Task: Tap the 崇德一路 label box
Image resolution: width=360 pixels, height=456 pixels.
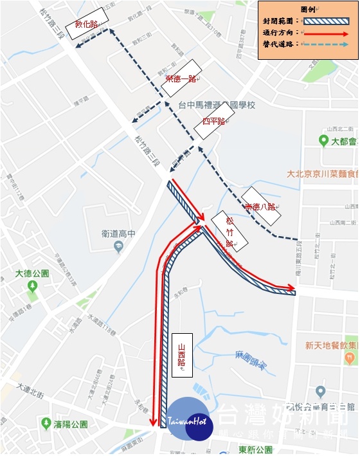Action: click(x=181, y=78)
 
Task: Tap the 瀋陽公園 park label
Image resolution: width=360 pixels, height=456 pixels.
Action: click(x=64, y=424)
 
